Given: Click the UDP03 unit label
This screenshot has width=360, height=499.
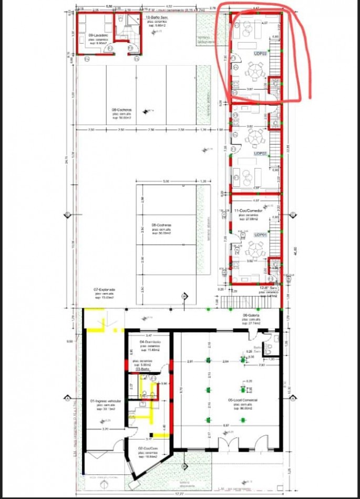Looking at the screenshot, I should [260, 54].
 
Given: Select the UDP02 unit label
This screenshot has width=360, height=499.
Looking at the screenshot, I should [260, 153].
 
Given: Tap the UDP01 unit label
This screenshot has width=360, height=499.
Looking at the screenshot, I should [260, 235].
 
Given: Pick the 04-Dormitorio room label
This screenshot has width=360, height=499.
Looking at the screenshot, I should [150, 342].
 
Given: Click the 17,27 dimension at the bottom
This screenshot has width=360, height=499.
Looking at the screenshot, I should [181, 494].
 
